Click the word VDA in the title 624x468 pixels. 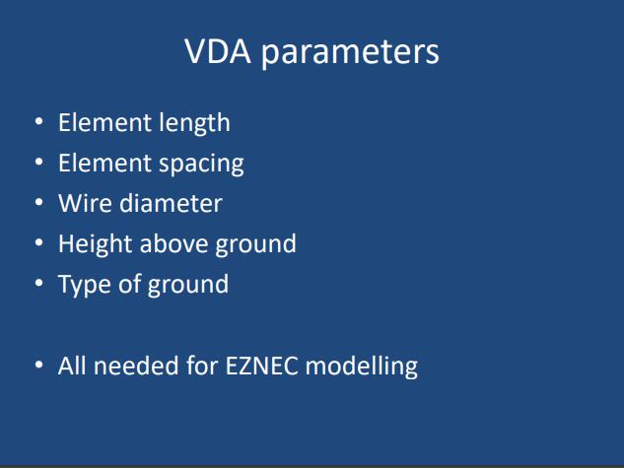point(218,51)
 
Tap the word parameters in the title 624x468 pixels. point(350,54)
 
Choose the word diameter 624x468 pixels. point(171,203)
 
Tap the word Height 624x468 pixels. point(95,244)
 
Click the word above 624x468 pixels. point(173,243)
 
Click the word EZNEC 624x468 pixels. point(261,366)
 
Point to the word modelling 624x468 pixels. point(362,367)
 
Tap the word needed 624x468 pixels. point(135,366)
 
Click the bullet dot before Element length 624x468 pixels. point(39,121)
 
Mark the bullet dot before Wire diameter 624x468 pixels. point(39,202)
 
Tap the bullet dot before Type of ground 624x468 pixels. point(39,283)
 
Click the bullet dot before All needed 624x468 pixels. point(39,365)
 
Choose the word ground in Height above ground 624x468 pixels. point(256,244)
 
